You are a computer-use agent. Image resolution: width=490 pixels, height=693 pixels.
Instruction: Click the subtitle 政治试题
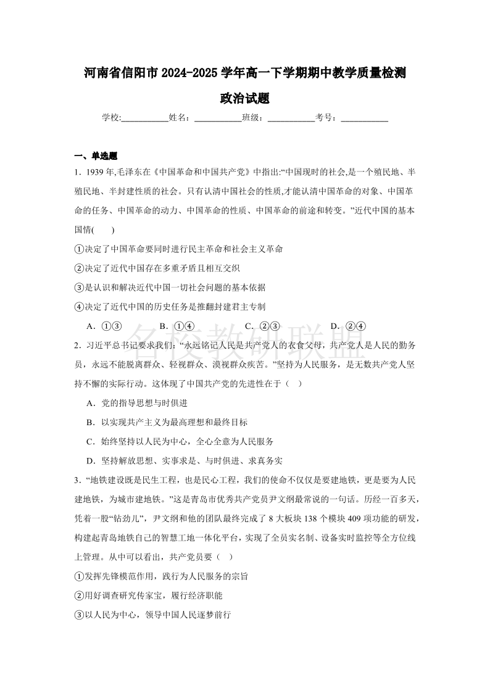tap(245, 99)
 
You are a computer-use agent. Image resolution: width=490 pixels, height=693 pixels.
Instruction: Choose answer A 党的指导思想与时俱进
tap(143, 403)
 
